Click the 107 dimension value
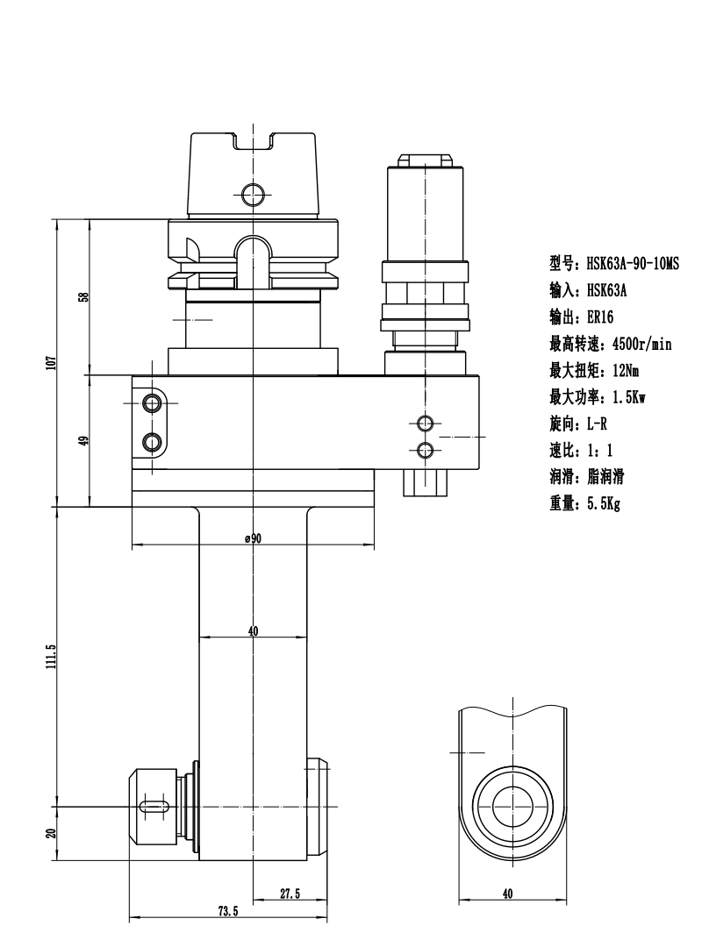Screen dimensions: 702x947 [x=52, y=362]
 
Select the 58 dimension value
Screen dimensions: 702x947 [x=84, y=296]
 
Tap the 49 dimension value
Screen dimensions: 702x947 [x=84, y=440]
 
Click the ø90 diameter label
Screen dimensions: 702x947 [x=254, y=538]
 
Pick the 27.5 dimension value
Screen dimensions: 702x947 [x=290, y=894]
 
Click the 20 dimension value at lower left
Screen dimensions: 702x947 [x=52, y=833]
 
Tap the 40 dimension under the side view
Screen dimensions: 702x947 [x=508, y=894]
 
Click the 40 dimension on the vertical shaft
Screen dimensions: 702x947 [x=253, y=631]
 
